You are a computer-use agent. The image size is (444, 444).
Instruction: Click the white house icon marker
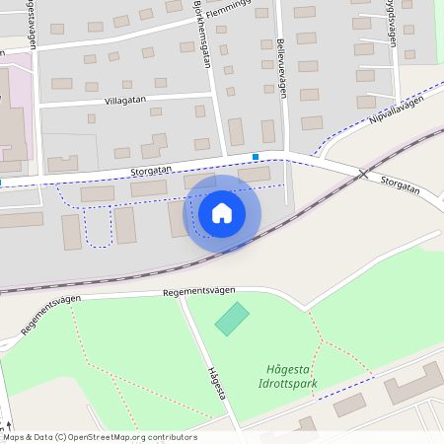(x=222, y=212)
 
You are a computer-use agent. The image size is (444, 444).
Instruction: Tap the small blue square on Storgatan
(x=256, y=156)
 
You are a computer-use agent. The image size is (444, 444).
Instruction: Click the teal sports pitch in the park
(x=232, y=319)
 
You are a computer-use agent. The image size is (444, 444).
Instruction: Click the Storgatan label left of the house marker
(x=151, y=171)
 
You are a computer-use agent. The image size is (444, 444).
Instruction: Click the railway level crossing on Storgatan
(x=363, y=174)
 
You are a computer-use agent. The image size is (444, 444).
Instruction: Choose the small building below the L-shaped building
(x=347, y=405)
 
